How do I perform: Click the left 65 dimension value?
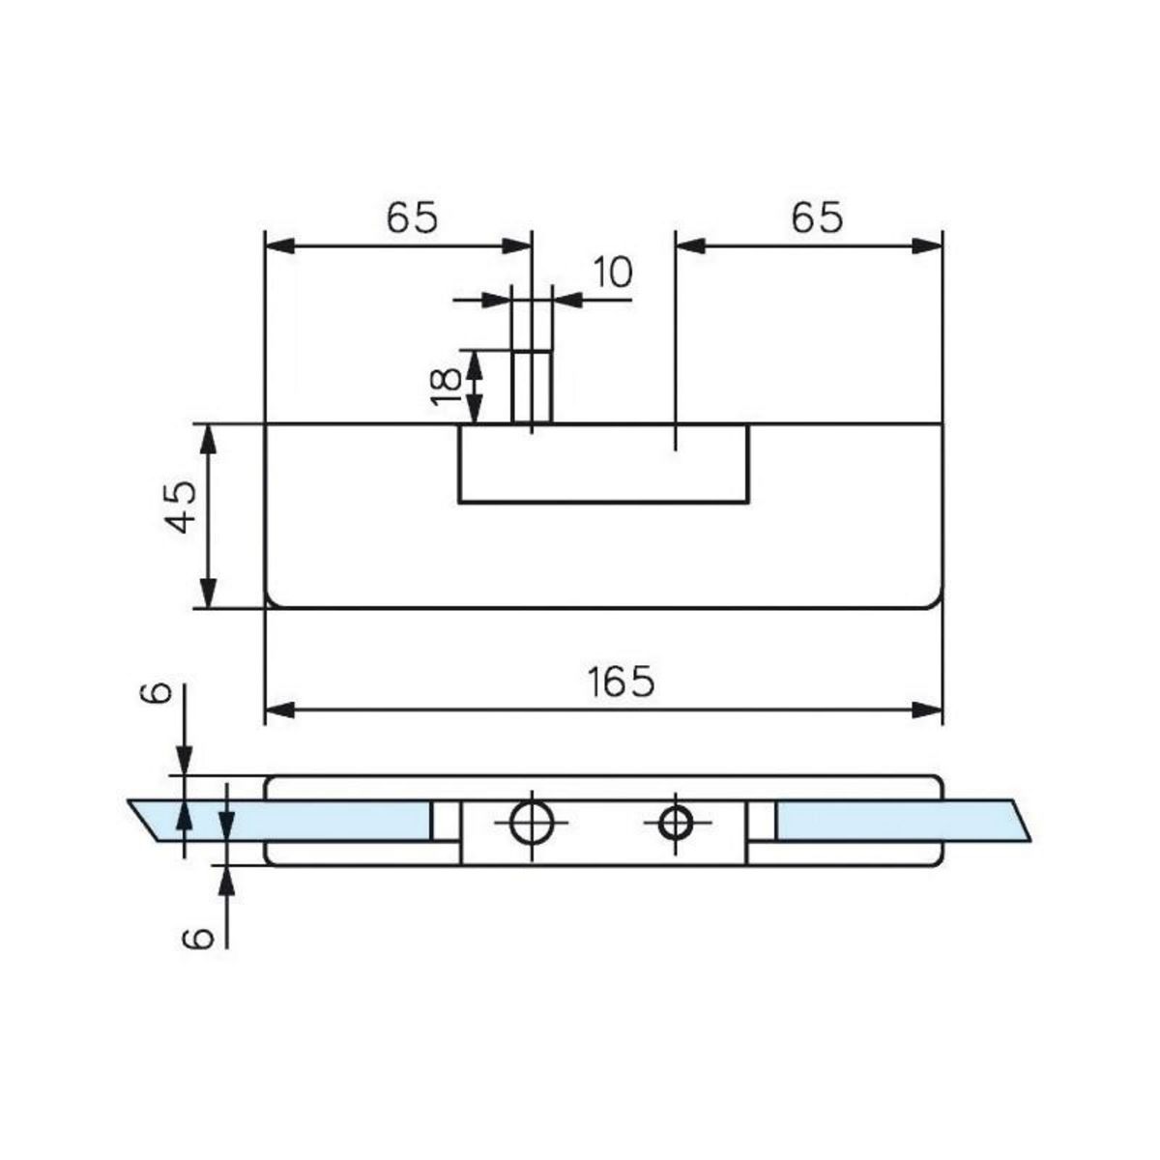point(413,218)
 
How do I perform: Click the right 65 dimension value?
point(817,218)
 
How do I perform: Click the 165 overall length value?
point(622,682)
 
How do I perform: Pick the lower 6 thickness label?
point(198,937)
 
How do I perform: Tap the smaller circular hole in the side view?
point(675,824)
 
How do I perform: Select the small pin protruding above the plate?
point(532,387)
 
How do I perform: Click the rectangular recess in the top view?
point(603,464)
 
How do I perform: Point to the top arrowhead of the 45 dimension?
point(208,436)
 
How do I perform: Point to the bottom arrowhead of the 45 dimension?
point(208,595)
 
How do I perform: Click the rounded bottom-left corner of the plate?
point(272,601)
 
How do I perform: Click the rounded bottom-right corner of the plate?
point(935,601)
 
